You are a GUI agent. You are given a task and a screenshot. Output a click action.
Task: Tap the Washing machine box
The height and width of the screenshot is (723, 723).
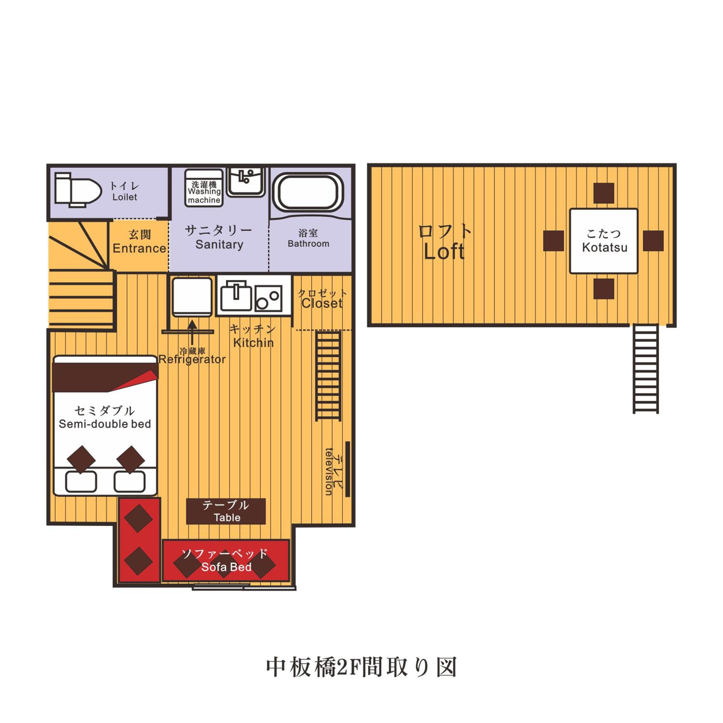204,188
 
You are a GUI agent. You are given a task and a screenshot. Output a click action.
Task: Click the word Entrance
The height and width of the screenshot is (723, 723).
139,248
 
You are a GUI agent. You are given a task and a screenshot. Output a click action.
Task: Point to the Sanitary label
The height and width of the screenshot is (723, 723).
219,244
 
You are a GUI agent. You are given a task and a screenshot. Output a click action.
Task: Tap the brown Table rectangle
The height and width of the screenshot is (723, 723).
226,511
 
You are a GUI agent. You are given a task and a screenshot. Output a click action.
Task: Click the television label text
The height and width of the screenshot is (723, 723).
328,472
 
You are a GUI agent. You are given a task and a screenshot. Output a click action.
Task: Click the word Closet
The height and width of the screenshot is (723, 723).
322,303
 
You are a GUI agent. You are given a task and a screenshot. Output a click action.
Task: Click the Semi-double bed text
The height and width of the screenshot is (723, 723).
105,424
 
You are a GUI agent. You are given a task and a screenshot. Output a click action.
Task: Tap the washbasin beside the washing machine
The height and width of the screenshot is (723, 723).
246,181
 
